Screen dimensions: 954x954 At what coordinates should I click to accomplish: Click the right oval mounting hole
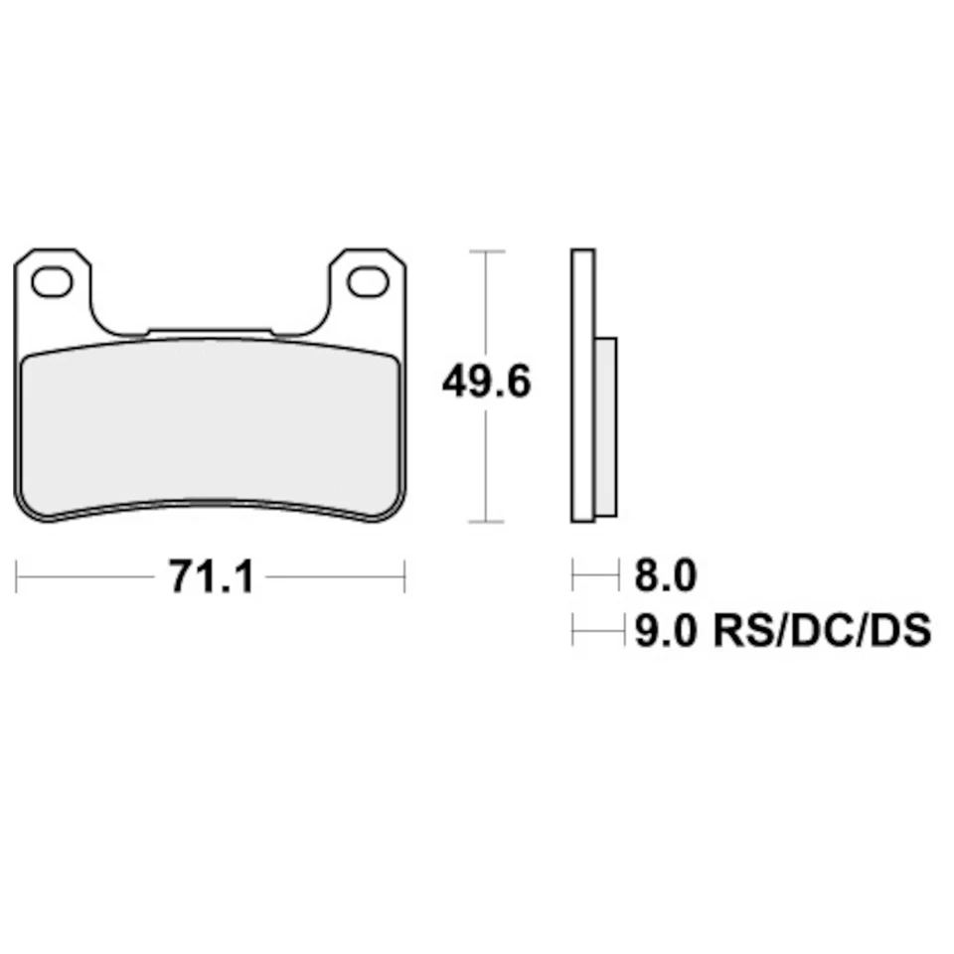368,281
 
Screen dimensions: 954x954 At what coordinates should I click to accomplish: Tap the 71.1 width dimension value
211,575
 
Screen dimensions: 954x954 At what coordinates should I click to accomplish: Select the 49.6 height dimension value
487,382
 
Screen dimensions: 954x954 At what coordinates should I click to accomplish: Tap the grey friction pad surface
211,427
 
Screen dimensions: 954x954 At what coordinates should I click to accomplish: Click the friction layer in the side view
606,427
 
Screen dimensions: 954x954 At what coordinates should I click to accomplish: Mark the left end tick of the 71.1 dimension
19,575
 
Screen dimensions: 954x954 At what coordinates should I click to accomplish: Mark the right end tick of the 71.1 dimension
403,575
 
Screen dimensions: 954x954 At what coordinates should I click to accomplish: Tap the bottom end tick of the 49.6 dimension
484,522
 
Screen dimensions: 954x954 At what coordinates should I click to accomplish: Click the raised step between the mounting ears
210,331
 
